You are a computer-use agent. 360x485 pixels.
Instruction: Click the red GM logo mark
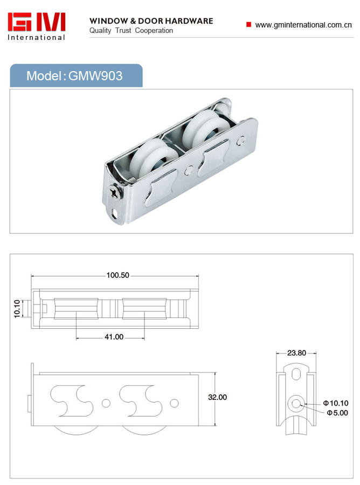tap(37, 22)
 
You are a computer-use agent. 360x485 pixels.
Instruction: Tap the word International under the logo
tap(37, 37)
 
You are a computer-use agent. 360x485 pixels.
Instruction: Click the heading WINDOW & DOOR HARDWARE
tap(151, 21)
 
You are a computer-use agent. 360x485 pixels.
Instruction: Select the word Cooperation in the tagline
tap(154, 31)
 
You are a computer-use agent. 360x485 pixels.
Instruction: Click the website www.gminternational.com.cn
tap(303, 25)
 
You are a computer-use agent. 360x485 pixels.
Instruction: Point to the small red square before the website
tap(248, 24)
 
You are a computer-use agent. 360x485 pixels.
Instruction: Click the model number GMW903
tap(95, 76)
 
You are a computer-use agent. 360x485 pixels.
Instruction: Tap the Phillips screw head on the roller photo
tap(115, 191)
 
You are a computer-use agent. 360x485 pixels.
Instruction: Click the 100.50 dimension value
tap(118, 275)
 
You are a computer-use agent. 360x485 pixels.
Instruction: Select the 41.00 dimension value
tap(114, 337)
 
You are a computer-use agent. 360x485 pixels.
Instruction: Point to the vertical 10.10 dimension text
tap(17, 308)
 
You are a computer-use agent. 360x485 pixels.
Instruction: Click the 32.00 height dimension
tap(217, 397)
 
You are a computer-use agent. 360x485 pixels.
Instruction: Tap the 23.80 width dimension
tap(296, 353)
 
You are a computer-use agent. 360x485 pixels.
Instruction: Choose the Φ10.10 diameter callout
tap(336, 403)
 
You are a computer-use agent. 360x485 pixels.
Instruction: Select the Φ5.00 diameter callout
tap(337, 413)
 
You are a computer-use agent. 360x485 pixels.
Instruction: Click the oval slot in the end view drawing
tap(296, 373)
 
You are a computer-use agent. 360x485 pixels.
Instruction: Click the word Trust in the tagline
tap(123, 31)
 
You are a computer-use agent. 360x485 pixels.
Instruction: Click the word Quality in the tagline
tap(100, 31)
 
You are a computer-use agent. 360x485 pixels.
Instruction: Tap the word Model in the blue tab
tap(44, 76)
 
